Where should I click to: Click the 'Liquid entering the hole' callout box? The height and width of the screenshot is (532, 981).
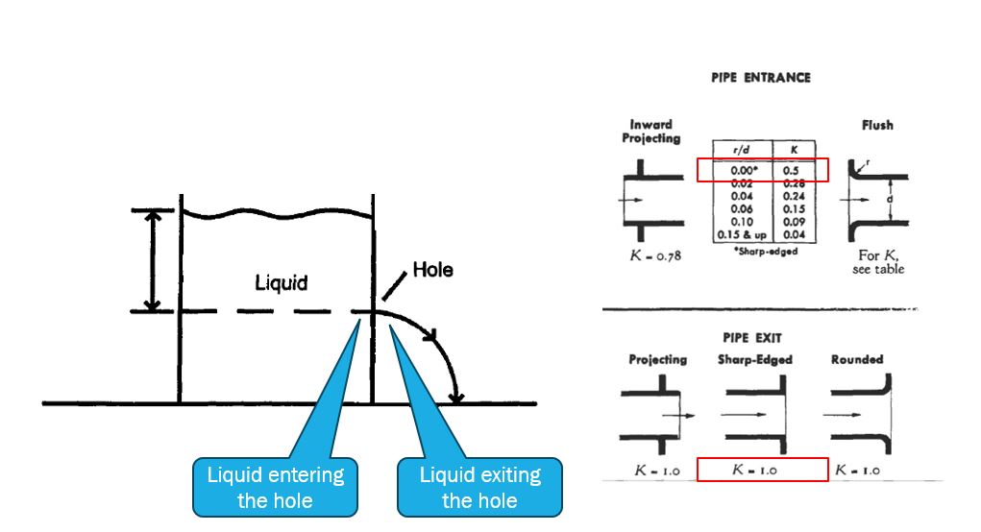tap(275, 487)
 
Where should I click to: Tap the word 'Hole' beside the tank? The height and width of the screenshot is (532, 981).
tap(432, 270)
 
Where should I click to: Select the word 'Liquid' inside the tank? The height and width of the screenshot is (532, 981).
tap(281, 282)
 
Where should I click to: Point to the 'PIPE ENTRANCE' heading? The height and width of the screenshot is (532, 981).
tap(760, 78)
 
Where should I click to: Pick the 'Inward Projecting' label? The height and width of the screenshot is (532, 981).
tap(650, 132)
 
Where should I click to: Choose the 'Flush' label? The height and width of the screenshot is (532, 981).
tap(876, 125)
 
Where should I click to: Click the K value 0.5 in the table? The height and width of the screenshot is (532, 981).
tap(791, 171)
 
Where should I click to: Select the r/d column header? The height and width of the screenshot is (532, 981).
tap(740, 151)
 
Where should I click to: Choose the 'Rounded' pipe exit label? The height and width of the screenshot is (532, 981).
tap(857, 360)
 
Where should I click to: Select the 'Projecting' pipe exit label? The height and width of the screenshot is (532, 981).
tap(658, 360)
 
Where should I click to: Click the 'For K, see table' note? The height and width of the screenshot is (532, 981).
tap(877, 263)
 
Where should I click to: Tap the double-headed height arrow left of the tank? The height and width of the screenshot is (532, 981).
tap(150, 260)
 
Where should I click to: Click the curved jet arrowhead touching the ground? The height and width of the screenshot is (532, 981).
tap(458, 396)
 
